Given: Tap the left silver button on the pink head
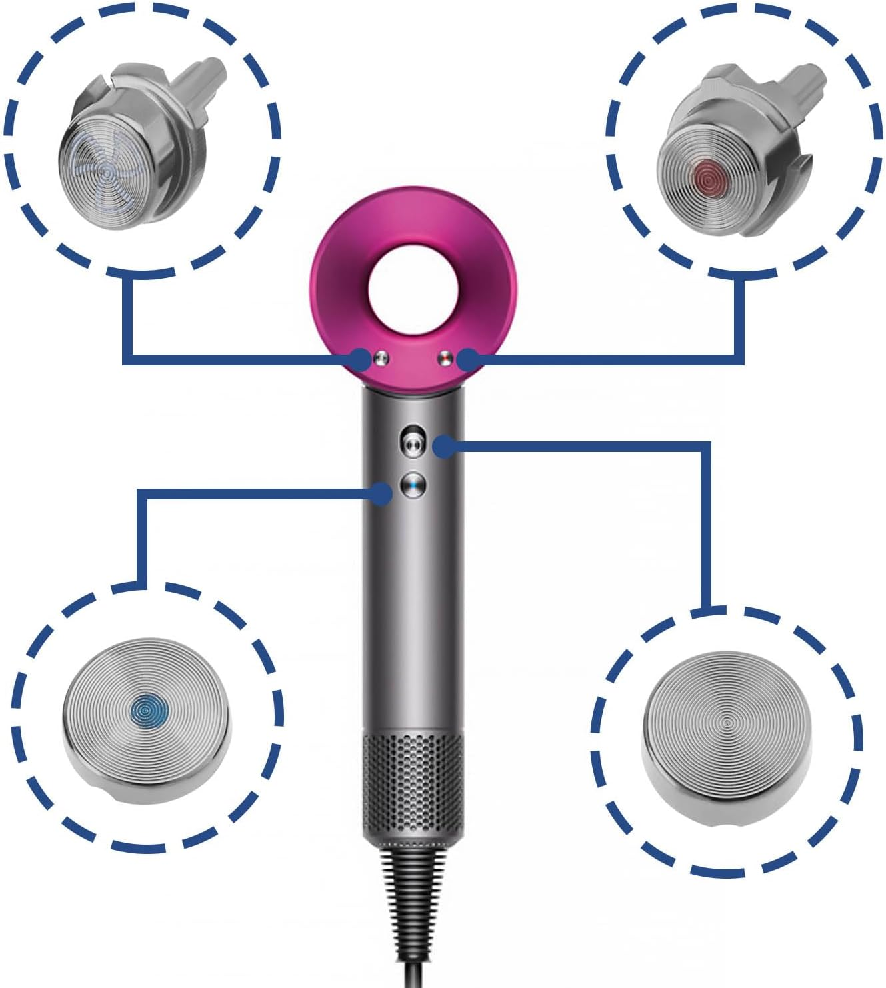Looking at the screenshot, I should point(381,359).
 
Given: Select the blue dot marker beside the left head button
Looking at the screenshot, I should point(361,359).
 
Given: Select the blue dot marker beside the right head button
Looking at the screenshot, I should point(467,360).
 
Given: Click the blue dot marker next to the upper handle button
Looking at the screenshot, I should point(444,446).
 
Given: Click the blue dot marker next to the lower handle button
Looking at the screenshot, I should point(381,494).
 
